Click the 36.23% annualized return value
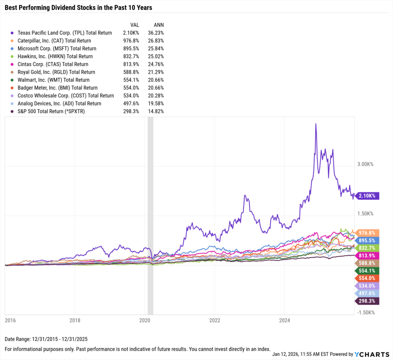tap(155, 33)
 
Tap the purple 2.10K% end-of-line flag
tap(368, 196)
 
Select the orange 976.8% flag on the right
tap(368, 233)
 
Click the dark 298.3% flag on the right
tap(368, 301)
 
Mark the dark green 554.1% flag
tap(368, 270)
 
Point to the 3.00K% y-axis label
tap(365, 164)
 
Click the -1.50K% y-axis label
tap(365, 312)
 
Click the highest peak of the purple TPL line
tap(315, 124)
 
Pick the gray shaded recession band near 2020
tap(150, 215)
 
